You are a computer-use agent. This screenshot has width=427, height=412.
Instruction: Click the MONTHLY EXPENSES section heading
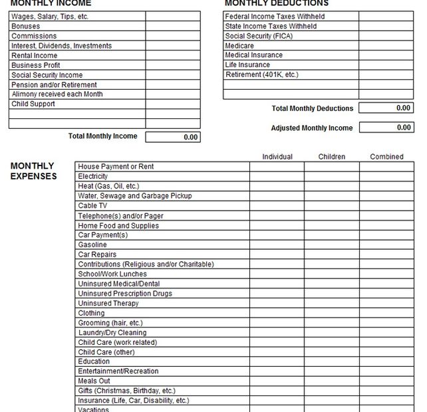pyautogui.click(x=33, y=171)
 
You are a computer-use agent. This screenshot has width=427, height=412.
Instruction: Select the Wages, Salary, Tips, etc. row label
pyautogui.click(x=50, y=17)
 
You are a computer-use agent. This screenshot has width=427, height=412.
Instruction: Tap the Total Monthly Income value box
pyautogui.click(x=172, y=137)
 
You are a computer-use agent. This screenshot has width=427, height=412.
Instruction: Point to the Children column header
pyautogui.click(x=331, y=157)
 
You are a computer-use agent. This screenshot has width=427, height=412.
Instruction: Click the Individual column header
pyautogui.click(x=277, y=157)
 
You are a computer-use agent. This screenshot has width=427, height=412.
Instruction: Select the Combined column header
pyautogui.click(x=386, y=157)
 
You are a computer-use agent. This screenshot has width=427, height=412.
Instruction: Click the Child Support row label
pyautogui.click(x=33, y=104)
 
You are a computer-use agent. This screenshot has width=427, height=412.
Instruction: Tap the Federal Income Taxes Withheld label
pyautogui.click(x=275, y=17)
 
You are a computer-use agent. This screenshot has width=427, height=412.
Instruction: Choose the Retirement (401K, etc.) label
pyautogui.click(x=261, y=75)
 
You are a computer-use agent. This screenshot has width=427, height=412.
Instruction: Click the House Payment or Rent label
pyautogui.click(x=116, y=167)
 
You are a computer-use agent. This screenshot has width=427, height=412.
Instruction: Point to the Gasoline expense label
pyautogui.click(x=92, y=245)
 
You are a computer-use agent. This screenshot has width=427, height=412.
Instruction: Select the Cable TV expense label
pyautogui.click(x=92, y=206)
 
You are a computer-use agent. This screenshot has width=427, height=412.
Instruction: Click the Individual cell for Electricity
pyautogui.click(x=277, y=177)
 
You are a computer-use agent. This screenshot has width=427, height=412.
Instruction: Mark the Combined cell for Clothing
pyautogui.click(x=386, y=313)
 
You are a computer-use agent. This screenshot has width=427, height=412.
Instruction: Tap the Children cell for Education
pyautogui.click(x=331, y=361)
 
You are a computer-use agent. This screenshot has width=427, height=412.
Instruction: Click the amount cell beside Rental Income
pyautogui.click(x=172, y=56)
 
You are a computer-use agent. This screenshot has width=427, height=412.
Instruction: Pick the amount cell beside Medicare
pyautogui.click(x=386, y=46)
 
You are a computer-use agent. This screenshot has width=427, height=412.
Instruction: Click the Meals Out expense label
pyautogui.click(x=94, y=381)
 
